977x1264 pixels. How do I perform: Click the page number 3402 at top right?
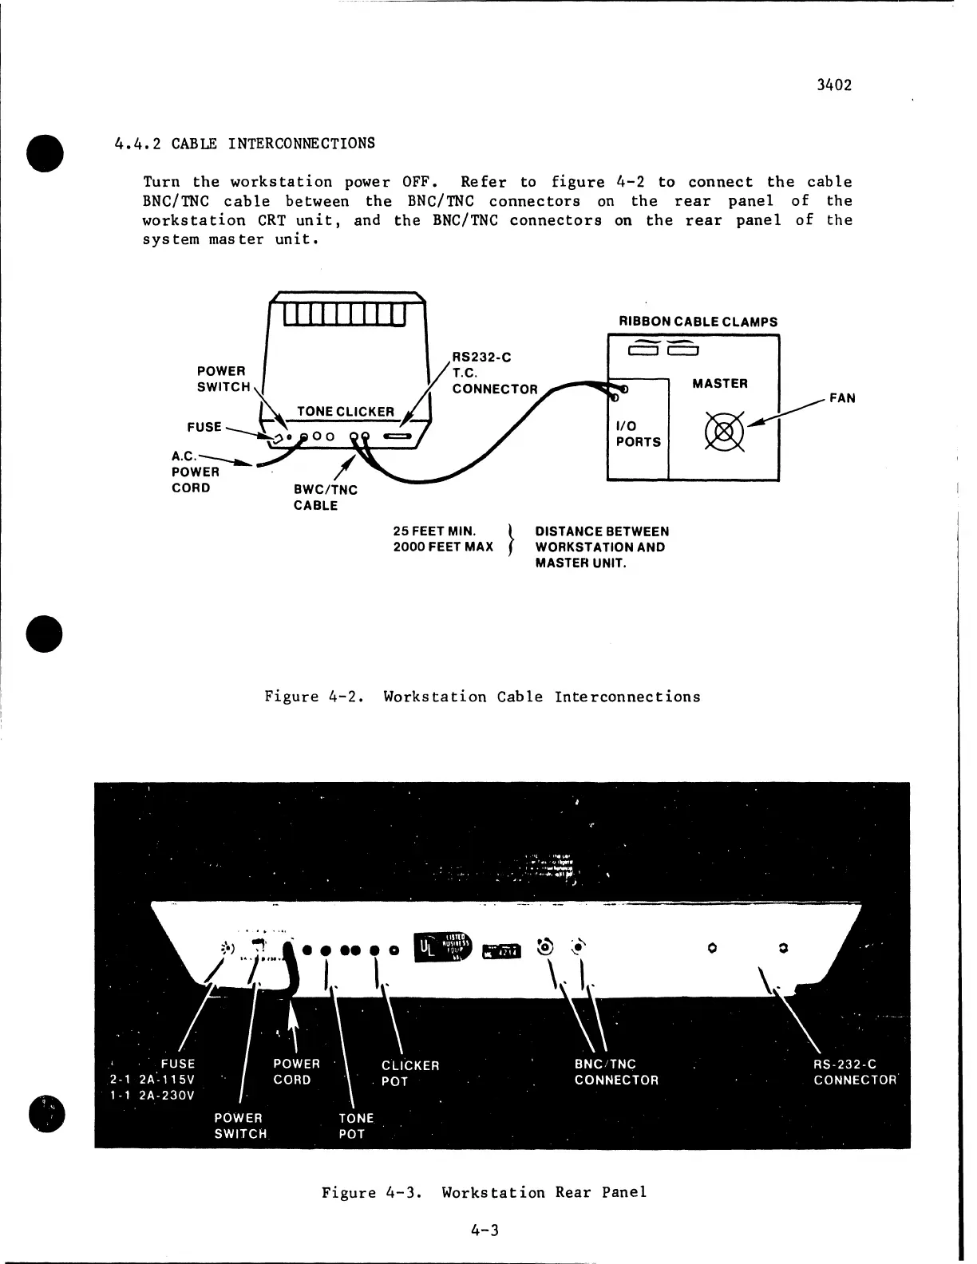coord(834,85)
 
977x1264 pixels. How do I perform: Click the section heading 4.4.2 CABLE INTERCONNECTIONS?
coord(244,144)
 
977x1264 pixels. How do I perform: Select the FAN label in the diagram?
coord(842,398)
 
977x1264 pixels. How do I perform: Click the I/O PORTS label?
coord(639,434)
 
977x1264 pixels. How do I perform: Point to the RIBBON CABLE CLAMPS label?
coord(698,322)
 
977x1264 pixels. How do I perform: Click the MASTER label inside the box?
coord(720,383)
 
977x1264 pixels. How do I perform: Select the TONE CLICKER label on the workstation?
coord(346,412)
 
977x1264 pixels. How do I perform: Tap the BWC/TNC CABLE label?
coord(326,498)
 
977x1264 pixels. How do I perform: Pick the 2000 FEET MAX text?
coord(443,547)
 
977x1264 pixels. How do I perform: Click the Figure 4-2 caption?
coord(482,697)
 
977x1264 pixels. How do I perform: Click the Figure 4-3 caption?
coord(484,1193)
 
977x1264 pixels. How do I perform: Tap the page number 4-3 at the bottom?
coord(485,1230)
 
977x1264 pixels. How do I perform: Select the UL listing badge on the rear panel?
coord(443,947)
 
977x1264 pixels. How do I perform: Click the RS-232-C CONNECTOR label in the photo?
coord(856,1072)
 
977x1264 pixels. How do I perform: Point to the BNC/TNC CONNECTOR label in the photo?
coord(616,1072)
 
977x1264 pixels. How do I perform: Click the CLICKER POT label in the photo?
coord(410,1072)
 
